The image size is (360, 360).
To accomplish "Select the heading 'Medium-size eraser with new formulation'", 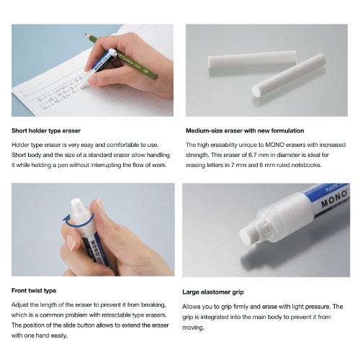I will tap(245, 130).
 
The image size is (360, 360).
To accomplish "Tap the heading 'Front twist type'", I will tap(35, 290).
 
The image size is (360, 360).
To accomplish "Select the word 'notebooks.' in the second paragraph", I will tap(320, 166).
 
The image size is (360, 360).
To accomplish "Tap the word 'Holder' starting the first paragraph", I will tap(22, 144).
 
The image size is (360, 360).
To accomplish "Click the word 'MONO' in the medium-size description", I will tap(262, 144).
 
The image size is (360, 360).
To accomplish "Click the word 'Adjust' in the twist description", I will tap(21, 305).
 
